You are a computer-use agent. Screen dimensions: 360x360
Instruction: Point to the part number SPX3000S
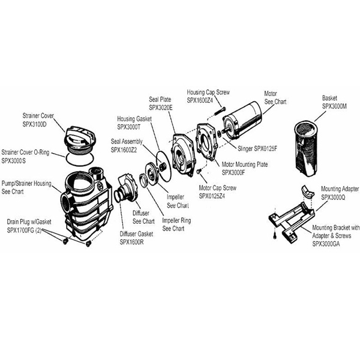(17, 160)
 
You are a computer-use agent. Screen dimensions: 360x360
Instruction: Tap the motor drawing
(243, 121)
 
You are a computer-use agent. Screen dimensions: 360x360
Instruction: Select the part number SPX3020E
(161, 107)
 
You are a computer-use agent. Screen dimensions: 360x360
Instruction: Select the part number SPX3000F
(237, 173)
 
